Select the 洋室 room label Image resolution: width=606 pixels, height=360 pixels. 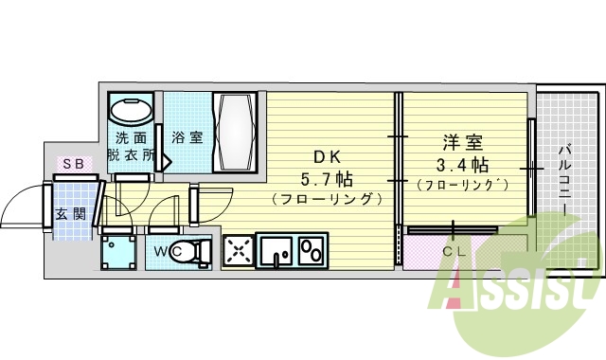click(x=463, y=143)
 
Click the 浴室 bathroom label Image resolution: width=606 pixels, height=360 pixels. click(x=187, y=137)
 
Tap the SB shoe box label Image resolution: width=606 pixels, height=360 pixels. click(x=73, y=164)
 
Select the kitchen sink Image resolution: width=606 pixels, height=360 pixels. click(x=276, y=251)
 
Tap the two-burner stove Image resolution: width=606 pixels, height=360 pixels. click(x=312, y=251)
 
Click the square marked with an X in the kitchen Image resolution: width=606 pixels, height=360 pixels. click(x=240, y=251)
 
